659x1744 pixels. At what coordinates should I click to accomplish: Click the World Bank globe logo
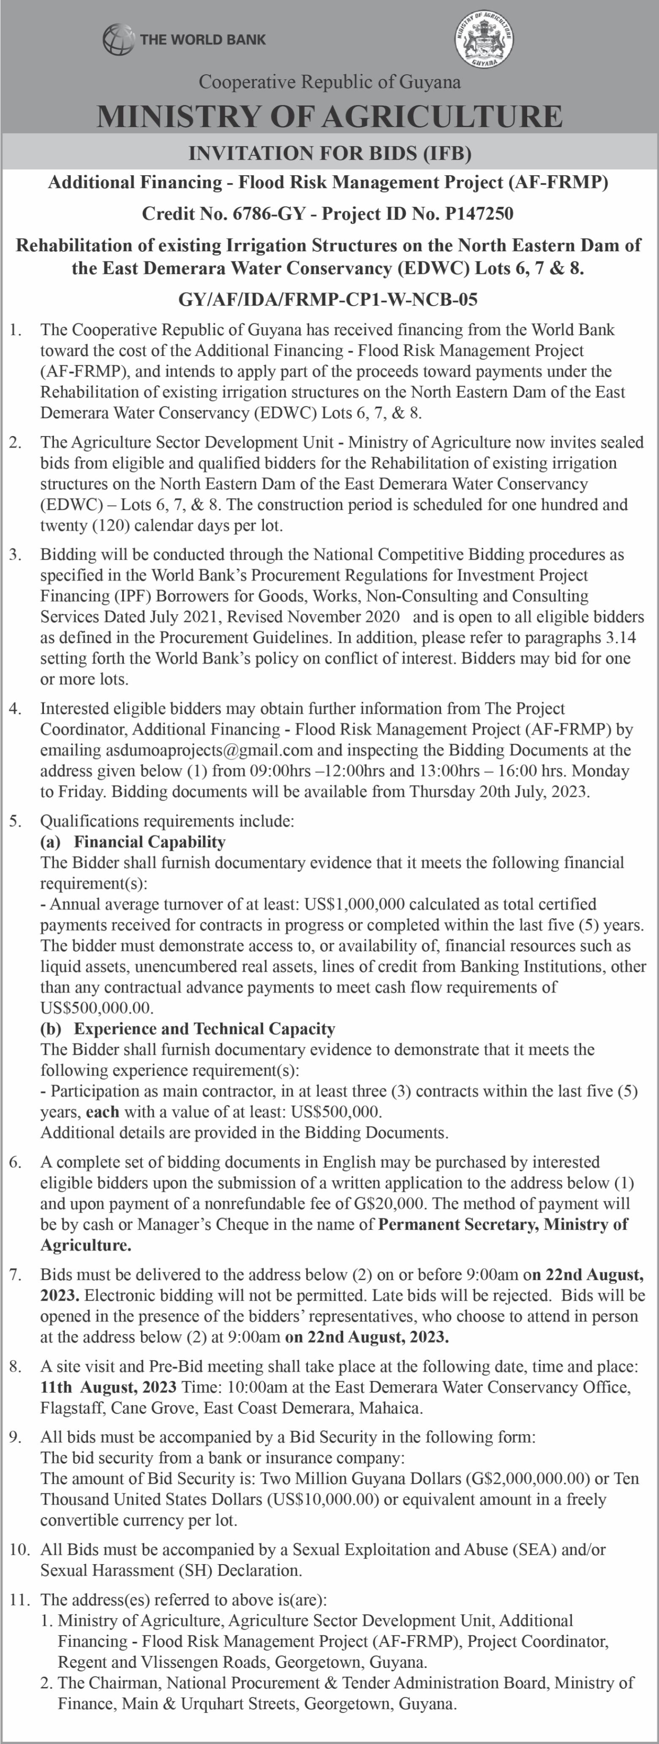118,39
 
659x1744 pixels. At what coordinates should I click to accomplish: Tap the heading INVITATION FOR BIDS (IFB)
329,153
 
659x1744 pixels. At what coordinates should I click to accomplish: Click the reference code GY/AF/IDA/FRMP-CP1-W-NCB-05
329,298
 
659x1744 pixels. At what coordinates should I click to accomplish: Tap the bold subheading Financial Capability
150,842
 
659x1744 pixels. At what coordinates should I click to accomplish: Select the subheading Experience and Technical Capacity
204,1029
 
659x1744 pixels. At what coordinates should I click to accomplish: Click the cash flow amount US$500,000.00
96,1007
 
